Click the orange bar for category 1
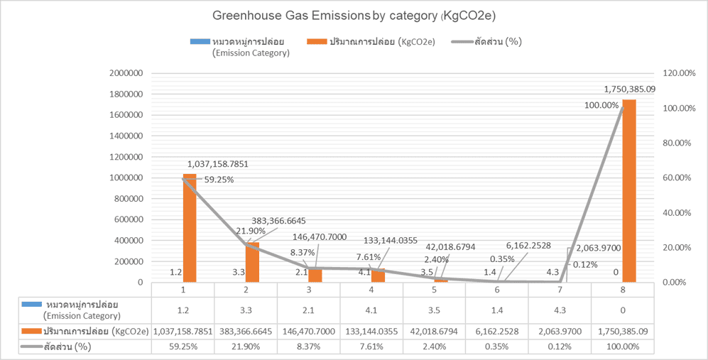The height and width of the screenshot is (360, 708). [x=189, y=227]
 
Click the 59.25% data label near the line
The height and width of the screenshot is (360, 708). [x=219, y=180]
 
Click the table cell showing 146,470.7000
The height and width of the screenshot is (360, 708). [x=309, y=331]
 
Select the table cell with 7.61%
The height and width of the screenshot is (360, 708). [x=371, y=347]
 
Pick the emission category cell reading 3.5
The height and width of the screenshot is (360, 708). [x=434, y=310]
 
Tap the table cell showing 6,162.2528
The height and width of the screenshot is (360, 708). [x=496, y=331]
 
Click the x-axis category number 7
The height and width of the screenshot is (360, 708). [x=559, y=290]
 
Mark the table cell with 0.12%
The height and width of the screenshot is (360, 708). [x=559, y=347]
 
